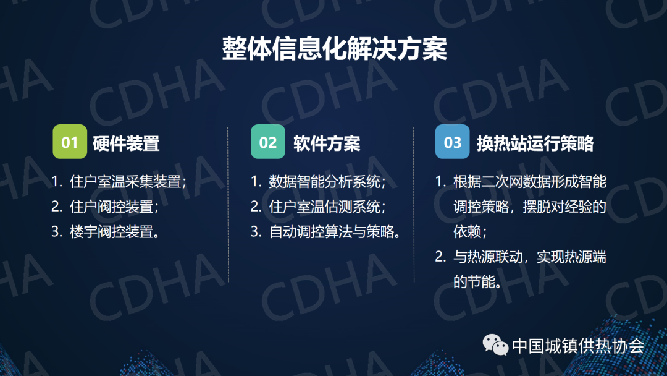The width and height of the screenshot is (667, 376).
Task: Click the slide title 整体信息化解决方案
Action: coord(334,48)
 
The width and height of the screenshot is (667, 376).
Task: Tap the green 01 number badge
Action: coord(70,142)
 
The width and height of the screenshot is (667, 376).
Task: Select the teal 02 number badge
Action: coord(268,142)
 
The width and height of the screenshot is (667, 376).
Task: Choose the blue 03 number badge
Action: coord(452,142)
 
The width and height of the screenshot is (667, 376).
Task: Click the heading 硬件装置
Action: coord(126,143)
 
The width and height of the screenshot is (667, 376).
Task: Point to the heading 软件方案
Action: coord(327,143)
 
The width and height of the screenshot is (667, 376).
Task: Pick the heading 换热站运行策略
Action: coord(535,143)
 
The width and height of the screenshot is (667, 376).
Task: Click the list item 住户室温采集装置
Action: coord(125,182)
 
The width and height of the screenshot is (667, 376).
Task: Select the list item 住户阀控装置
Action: coord(111,207)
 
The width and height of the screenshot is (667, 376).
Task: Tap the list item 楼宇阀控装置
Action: coord(111,232)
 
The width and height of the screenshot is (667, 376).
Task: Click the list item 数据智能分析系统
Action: coord(325,182)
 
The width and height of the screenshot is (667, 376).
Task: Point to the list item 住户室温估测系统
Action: coord(325,207)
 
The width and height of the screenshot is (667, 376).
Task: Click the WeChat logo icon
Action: coord(495,344)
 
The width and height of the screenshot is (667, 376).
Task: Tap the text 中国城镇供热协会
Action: coord(578,345)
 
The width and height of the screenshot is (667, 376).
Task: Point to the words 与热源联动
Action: coord(488,257)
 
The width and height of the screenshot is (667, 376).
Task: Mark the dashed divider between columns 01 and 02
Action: coord(228,205)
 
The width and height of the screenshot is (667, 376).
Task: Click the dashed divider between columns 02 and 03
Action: coord(413,205)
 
